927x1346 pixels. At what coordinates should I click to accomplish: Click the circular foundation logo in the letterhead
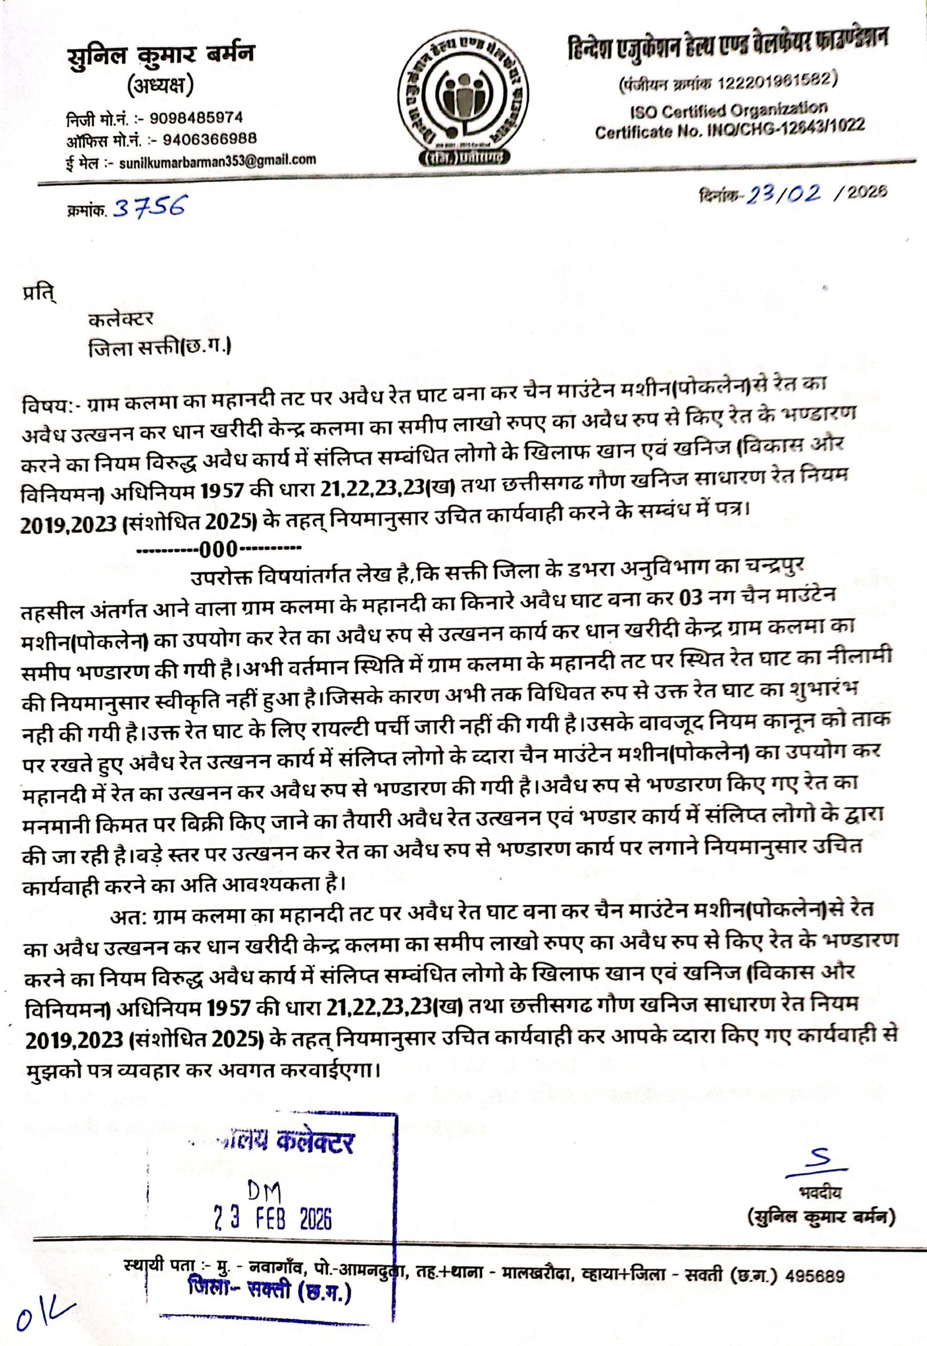pos(463,96)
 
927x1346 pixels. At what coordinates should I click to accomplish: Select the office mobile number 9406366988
pos(210,140)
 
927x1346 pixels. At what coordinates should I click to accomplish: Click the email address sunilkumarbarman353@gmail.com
pos(218,161)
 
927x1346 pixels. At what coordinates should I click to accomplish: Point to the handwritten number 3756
pos(150,206)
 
